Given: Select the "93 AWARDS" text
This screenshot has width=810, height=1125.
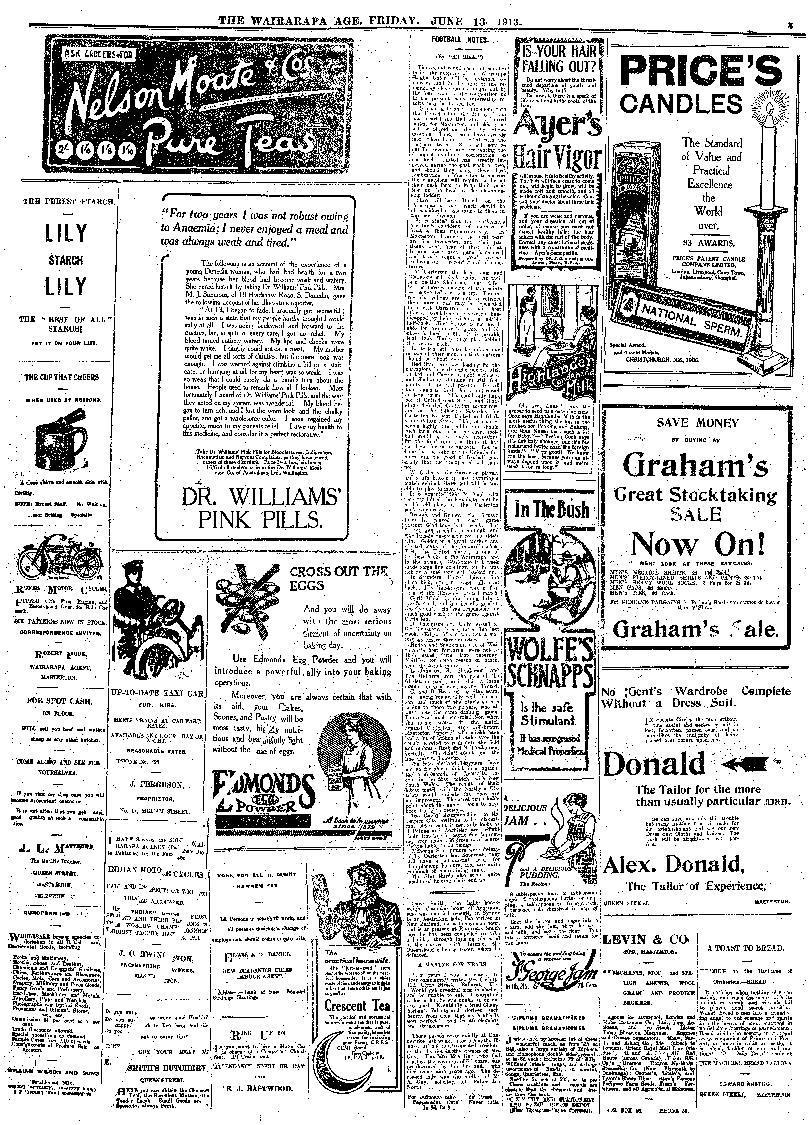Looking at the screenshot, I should tap(708, 243).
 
